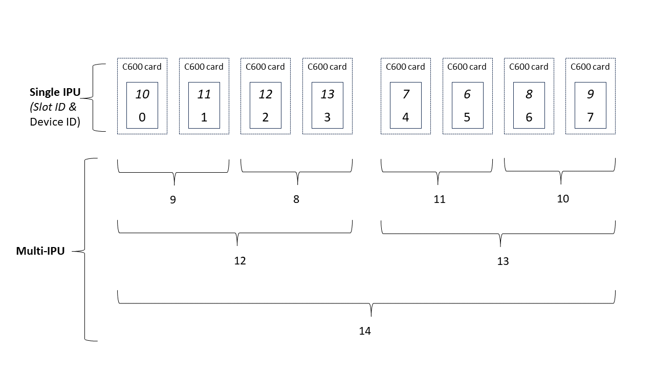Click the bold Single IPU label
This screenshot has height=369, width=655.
point(55,92)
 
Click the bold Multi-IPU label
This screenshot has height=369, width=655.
point(40,251)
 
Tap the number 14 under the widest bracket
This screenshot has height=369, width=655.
point(365,331)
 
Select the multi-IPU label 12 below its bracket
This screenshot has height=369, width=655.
point(240,261)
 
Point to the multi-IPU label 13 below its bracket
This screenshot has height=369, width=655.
point(503,261)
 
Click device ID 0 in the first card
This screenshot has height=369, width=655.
point(142,117)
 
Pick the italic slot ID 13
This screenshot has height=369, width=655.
point(327,94)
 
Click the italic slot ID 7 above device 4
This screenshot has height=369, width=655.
point(406,94)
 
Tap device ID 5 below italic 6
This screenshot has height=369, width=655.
point(467,117)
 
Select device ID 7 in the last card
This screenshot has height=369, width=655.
point(590,117)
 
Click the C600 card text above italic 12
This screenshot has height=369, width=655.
point(265,67)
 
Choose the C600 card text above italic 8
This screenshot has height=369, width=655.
point(529,67)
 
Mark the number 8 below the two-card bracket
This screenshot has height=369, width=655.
point(296,199)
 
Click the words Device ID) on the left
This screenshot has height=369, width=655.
point(55,121)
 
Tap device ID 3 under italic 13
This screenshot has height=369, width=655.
point(327,117)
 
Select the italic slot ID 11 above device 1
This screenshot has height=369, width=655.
point(204,94)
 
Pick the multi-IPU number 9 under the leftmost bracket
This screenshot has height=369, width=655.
point(173,200)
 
